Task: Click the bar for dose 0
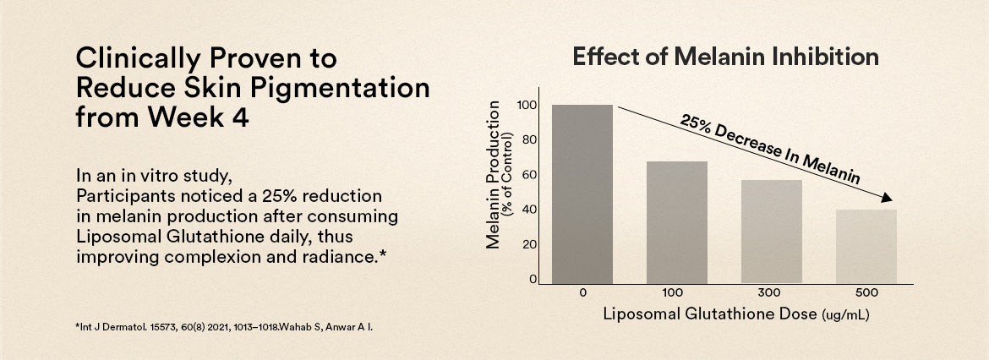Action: coord(582,194)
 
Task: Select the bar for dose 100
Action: coord(677,222)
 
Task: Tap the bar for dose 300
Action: coord(772,232)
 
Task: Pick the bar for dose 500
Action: coord(866,247)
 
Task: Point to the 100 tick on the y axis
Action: coord(527,106)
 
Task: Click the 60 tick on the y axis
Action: coord(529,175)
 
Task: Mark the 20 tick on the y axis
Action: coord(529,244)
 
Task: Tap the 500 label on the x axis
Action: coord(866,293)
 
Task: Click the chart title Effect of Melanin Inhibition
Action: coord(725,57)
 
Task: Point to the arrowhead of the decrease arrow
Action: coord(886,199)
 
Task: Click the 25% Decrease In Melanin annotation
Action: coord(769,149)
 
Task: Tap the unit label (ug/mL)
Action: coord(845,315)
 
